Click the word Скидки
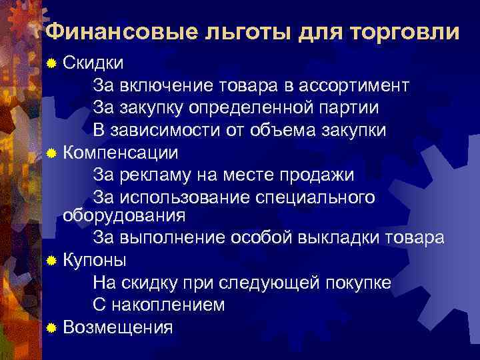pos(93,63)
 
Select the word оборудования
pos(123,215)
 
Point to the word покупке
pos(358,282)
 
